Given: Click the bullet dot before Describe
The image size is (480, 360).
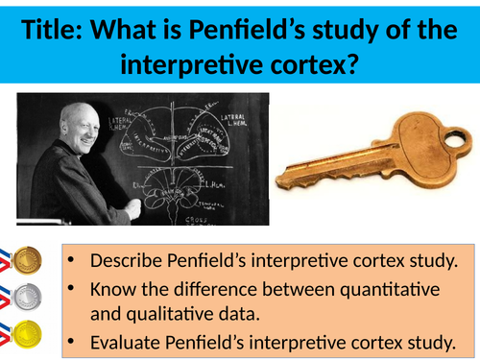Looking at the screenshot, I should coord(76,259).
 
